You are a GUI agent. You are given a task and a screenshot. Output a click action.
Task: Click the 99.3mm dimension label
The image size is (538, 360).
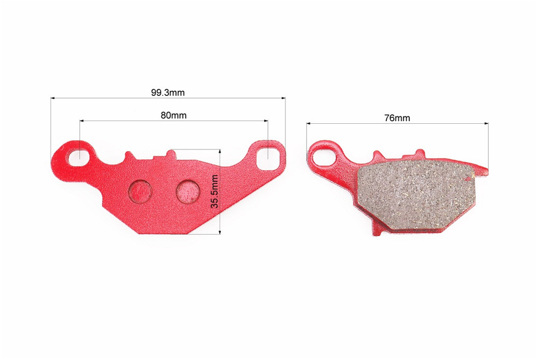tap(168, 93)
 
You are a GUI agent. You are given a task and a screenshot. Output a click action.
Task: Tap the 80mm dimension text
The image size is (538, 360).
tap(173, 115)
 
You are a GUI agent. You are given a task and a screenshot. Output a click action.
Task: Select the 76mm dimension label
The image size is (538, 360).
tap(397, 118)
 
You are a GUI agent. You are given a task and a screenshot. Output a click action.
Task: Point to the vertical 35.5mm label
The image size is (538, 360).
tap(214, 192)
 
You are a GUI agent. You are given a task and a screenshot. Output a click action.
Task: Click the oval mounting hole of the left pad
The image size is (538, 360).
tap(79, 155)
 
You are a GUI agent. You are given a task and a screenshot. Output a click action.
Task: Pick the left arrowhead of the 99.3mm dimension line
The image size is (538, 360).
tap(52, 98)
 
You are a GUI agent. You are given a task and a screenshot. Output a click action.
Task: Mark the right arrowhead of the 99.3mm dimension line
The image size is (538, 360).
tap(284, 98)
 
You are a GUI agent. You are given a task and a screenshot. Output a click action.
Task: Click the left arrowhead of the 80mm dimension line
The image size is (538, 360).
tap(81, 121)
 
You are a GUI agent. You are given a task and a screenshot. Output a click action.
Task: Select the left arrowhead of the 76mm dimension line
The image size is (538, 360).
tap(308, 123)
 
